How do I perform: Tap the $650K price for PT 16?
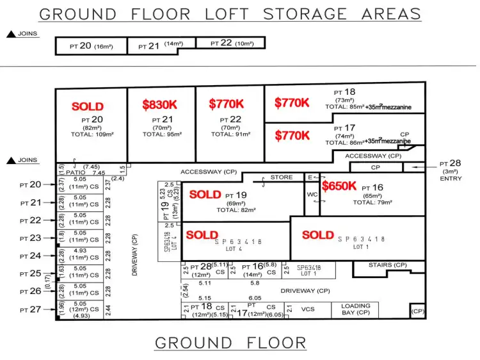[339, 186]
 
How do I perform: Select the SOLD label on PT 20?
[88, 107]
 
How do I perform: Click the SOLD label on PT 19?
[205, 194]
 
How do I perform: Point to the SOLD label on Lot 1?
[318, 235]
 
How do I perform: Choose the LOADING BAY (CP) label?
[355, 310]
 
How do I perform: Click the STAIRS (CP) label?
[388, 265]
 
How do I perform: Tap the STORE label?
[282, 177]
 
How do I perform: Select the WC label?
[312, 194]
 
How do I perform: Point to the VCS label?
[308, 309]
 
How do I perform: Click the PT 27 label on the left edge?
[30, 310]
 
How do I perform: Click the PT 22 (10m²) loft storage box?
[230, 43]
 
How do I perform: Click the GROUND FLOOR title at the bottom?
[230, 343]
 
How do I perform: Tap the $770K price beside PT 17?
[292, 136]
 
